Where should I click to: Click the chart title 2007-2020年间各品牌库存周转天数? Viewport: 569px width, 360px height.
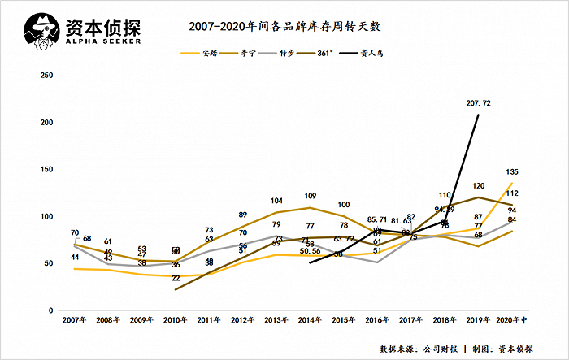click(x=284, y=27)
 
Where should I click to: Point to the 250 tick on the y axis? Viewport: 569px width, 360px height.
click(x=46, y=75)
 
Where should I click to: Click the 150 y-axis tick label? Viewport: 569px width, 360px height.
click(x=46, y=169)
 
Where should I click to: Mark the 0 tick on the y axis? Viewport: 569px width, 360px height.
click(x=50, y=311)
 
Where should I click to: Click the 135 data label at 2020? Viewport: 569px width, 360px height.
click(x=512, y=172)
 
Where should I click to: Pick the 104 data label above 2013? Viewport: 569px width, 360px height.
click(x=276, y=201)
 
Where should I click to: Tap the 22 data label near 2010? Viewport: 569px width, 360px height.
click(x=176, y=278)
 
